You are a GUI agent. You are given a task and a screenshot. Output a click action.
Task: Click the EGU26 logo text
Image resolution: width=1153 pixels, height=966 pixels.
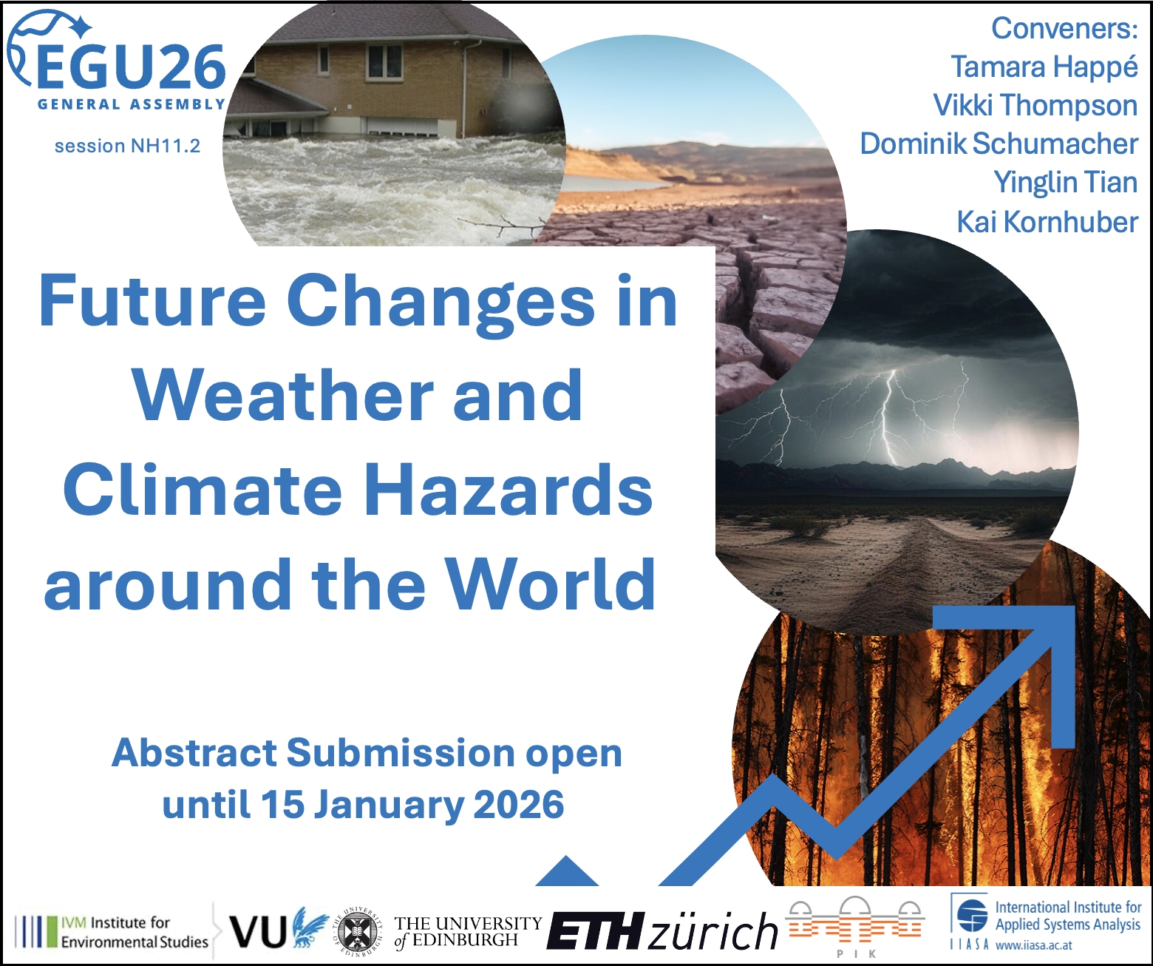click(131, 67)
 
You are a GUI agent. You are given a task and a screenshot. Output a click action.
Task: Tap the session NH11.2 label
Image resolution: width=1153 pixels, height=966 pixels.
click(127, 146)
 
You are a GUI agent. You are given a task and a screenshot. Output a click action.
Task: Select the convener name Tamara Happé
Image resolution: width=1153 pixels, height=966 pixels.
click(1044, 67)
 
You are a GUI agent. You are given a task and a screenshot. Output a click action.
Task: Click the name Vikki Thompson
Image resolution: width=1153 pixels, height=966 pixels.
click(1035, 106)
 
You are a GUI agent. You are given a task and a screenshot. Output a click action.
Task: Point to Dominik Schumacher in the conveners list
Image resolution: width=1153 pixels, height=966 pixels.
click(999, 143)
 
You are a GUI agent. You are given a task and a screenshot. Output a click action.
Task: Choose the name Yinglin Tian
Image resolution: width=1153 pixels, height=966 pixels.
click(1066, 183)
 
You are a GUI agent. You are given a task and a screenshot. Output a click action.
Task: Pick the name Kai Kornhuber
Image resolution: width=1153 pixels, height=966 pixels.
click(1047, 222)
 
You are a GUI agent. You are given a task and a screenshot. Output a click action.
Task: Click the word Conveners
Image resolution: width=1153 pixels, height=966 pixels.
click(1064, 28)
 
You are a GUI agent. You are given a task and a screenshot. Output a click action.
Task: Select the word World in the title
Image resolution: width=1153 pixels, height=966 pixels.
click(551, 584)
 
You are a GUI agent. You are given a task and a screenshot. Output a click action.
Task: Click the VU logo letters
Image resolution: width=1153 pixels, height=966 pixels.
click(257, 931)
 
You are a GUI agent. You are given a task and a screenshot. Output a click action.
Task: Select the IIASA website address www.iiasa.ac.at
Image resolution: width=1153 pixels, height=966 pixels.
click(1034, 945)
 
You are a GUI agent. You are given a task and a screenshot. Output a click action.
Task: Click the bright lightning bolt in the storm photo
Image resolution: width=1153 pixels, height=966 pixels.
click(888, 416)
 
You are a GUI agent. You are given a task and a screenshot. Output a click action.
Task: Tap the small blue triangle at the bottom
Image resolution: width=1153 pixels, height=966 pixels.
click(567, 871)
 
